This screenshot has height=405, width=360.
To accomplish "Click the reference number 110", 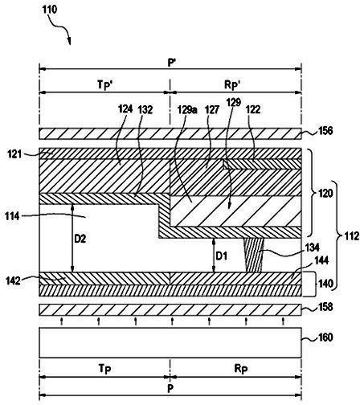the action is pyautogui.click(x=50, y=10).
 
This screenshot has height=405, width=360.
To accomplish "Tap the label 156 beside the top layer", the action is pyautogui.click(x=325, y=131).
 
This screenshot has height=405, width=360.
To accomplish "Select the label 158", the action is pyautogui.click(x=325, y=307).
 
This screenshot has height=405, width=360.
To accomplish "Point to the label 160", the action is pyautogui.click(x=325, y=337).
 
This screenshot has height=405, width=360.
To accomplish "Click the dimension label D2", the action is pyautogui.click(x=80, y=239).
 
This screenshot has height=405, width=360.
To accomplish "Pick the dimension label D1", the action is pyautogui.click(x=222, y=256).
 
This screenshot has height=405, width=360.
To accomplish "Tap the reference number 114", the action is pyautogui.click(x=12, y=216).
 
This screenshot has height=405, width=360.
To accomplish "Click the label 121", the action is pyautogui.click(x=14, y=154).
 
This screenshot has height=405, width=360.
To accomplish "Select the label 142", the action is pyautogui.click(x=13, y=281).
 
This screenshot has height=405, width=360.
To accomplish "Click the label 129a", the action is pyautogui.click(x=187, y=109).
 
